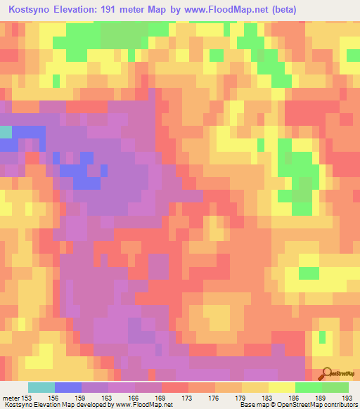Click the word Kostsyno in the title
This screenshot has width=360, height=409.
29,10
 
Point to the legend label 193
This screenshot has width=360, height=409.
348,398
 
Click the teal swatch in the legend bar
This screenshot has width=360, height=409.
41,387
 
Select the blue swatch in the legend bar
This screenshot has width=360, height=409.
68,387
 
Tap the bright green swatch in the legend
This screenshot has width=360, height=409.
309,387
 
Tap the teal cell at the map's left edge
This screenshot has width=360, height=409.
6,132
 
